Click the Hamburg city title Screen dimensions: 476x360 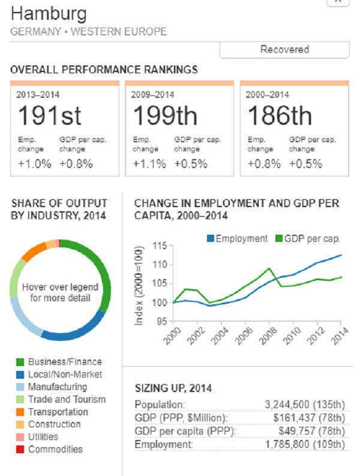49,13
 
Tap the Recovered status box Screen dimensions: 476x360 284,50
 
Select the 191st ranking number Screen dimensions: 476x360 49,115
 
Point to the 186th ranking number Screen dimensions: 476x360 280,115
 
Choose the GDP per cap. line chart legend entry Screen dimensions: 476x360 307,238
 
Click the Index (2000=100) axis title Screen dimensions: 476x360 139,285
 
